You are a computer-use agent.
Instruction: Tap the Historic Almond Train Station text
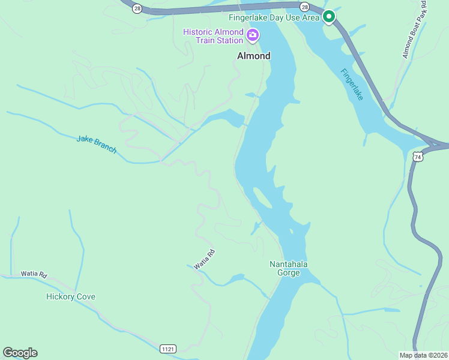tap(213, 36)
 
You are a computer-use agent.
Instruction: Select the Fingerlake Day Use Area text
tap(274, 17)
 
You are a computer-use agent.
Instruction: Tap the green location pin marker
tap(328, 17)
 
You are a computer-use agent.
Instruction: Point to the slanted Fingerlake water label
tap(351, 84)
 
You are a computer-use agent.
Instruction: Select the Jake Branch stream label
tap(96, 144)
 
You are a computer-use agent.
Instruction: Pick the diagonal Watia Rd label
tap(204, 259)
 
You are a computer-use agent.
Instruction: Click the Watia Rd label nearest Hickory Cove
tap(34, 274)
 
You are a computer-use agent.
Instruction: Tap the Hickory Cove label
tap(71, 296)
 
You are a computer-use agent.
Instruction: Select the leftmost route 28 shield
tap(137, 8)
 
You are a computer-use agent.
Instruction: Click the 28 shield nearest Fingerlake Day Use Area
tap(305, 7)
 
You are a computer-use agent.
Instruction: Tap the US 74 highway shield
tap(418, 157)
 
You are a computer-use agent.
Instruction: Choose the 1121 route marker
tap(168, 349)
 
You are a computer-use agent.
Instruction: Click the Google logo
tap(20, 353)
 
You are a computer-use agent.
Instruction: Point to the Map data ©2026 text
tap(423, 355)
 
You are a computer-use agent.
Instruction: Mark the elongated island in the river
tap(262, 197)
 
